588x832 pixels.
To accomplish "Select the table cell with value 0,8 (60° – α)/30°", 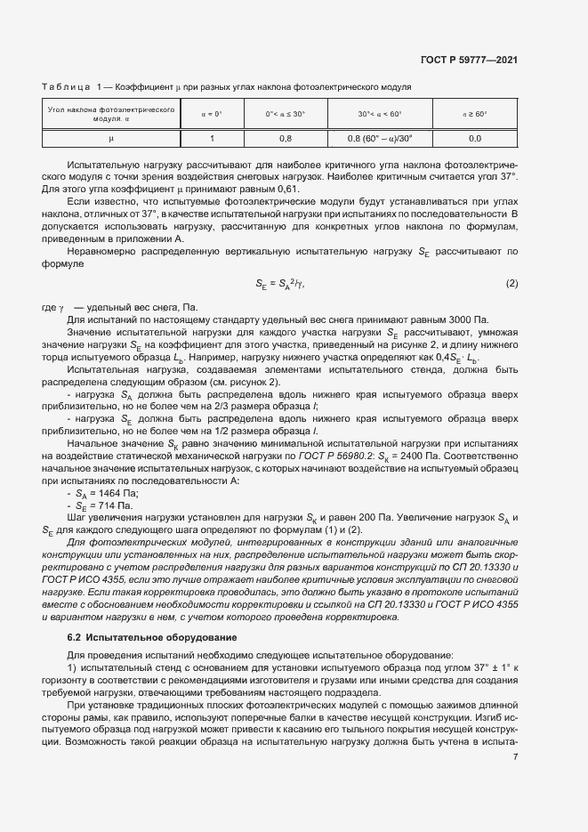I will tap(380, 139).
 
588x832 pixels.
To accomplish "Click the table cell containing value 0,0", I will tap(474, 139).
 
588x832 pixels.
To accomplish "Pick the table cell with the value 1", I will tap(212, 139).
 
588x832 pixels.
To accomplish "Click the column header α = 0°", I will tap(212, 114).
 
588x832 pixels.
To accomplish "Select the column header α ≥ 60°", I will tap(474, 114).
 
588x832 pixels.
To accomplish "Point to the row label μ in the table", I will tap(111, 139).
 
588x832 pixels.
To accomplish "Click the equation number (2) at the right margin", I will tap(511, 283).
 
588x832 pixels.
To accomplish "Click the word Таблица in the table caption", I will tap(66, 87).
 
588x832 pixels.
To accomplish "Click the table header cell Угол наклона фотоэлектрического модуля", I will tap(111, 114).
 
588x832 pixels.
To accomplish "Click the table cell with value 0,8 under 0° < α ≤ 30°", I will tap(286, 139).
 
